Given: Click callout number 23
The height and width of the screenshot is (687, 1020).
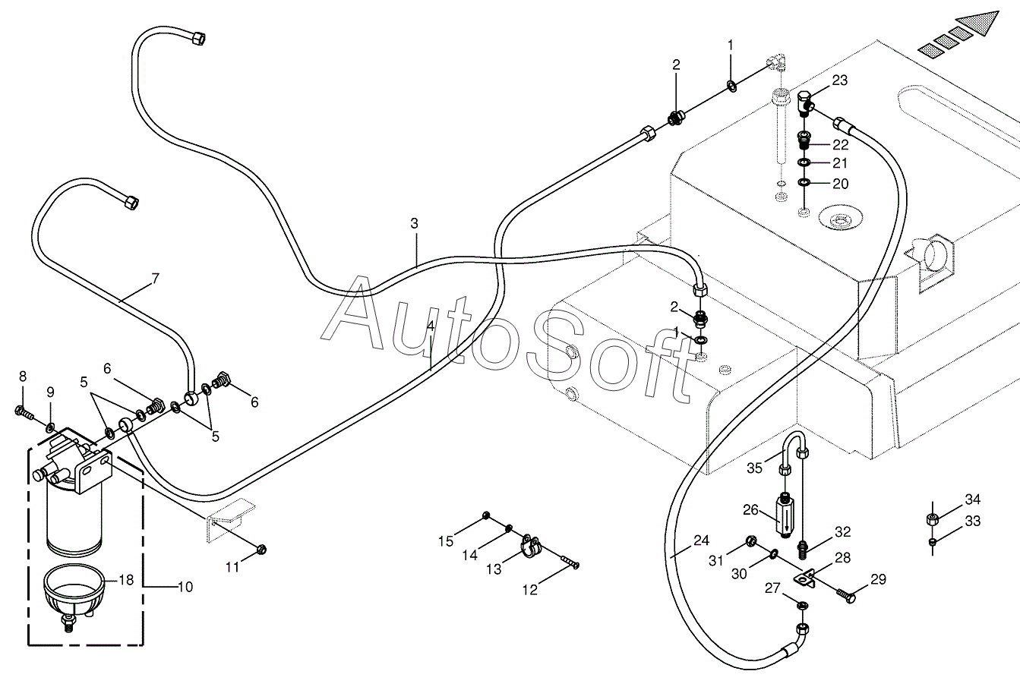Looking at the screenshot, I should click(839, 80).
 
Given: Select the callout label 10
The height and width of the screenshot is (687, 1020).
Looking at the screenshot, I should click(185, 587).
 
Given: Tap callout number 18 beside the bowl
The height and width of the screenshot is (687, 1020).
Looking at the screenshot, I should click(126, 580).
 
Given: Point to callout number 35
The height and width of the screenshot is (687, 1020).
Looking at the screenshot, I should click(754, 468).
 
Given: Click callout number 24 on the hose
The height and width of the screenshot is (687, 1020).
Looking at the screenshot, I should click(701, 541).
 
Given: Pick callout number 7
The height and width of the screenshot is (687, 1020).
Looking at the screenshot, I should click(155, 279).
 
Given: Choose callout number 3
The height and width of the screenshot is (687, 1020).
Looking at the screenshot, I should click(414, 224).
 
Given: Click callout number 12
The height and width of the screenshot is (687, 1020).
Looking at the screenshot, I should click(529, 590).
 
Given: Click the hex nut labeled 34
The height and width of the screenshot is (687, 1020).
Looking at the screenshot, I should click(933, 520).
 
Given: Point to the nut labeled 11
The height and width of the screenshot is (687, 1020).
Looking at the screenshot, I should click(261, 548).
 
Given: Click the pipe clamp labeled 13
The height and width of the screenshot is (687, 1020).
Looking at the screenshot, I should click(529, 546).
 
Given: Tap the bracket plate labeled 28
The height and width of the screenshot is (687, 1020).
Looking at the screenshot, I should click(807, 578).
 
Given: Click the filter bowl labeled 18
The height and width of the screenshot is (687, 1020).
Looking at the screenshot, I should click(71, 597).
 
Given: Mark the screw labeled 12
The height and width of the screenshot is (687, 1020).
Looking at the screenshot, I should click(569, 563).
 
